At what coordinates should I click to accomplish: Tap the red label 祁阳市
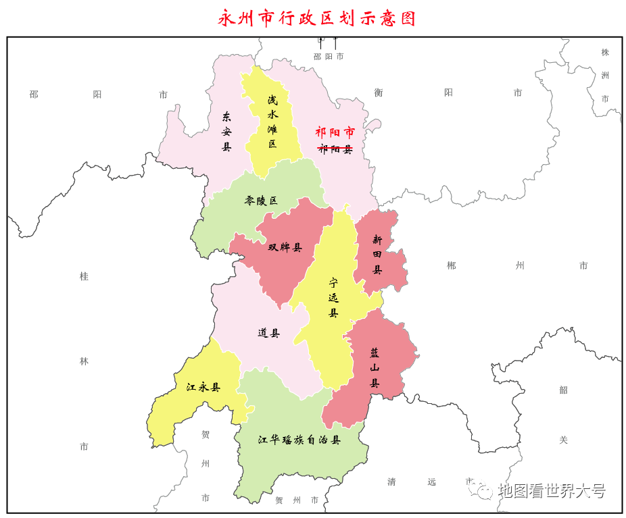pos(335,132)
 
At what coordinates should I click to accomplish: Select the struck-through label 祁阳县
pos(335,149)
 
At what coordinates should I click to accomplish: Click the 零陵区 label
pos(261,201)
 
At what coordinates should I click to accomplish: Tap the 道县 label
pos(268,332)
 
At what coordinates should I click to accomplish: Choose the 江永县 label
pos(203,388)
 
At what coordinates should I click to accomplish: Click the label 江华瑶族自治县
pos(299,440)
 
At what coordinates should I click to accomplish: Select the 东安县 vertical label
pos(226,131)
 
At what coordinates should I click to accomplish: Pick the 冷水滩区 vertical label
pos(272,122)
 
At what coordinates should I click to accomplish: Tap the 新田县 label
pos(377,255)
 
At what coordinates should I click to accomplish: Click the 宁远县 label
pos(333,297)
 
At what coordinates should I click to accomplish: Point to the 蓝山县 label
pos(374,368)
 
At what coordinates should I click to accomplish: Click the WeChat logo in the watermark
pos(484,491)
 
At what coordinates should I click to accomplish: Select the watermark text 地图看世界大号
pos(551,491)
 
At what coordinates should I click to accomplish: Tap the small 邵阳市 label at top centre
pos(329,57)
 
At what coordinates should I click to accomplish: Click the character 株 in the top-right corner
pos(605,52)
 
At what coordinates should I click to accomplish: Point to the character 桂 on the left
pos(84,276)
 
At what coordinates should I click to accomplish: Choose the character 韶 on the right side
pos(563,390)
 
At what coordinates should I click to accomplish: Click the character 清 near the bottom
pos(391,482)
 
